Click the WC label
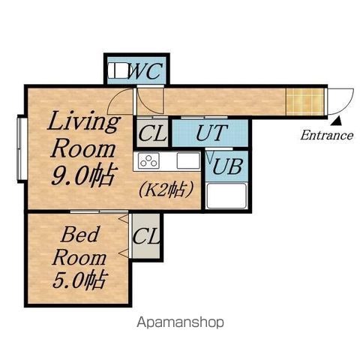pyautogui.click(x=145, y=70)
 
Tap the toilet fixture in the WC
pyautogui.click(x=118, y=70)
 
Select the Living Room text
pyautogui.click(x=83, y=135)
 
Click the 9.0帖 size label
pyautogui.click(x=85, y=175)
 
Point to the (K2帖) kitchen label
pyautogui.click(x=166, y=190)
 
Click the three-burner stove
pyautogui.click(x=148, y=160)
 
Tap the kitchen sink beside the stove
pyautogui.click(x=188, y=160)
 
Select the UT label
pyautogui.click(x=211, y=133)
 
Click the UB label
pyautogui.click(x=227, y=166)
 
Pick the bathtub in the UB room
pyautogui.click(x=226, y=196)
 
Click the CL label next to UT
pyautogui.click(x=152, y=133)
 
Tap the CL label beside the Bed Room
pyautogui.click(x=146, y=236)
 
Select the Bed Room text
pyautogui.click(x=79, y=245)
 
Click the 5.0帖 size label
pyautogui.click(x=79, y=280)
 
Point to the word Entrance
pyautogui.click(x=327, y=135)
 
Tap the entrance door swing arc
pyautogui.click(x=346, y=106)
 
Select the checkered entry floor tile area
pyautogui.click(x=305, y=102)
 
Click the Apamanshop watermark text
pyautogui.click(x=180, y=322)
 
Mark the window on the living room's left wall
pyautogui.click(x=22, y=148)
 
